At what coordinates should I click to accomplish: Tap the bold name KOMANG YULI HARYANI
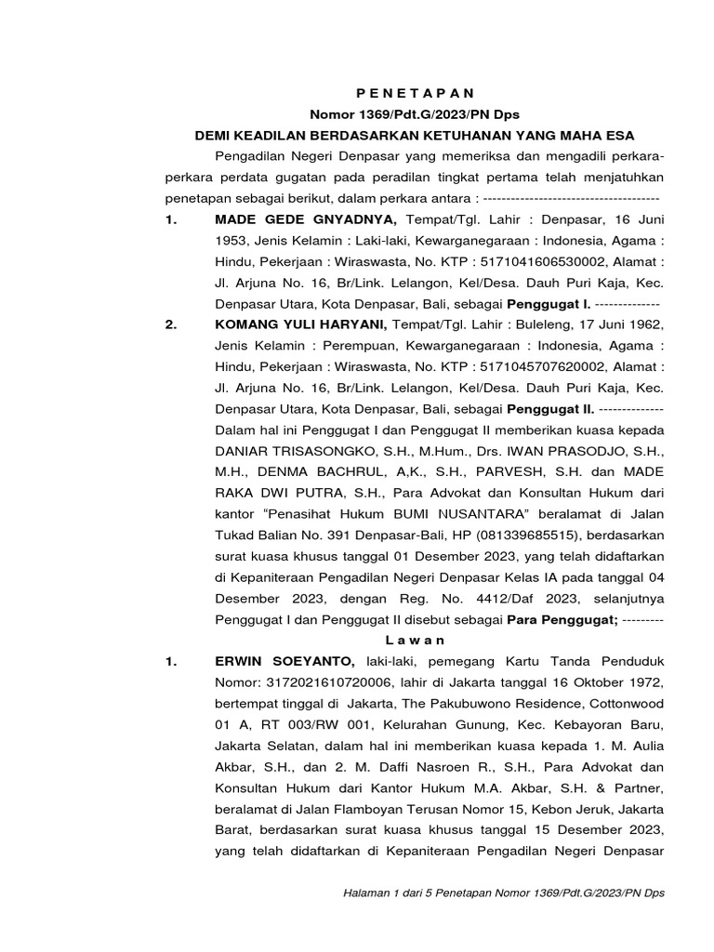300,324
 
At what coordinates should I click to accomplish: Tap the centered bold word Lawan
415,640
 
